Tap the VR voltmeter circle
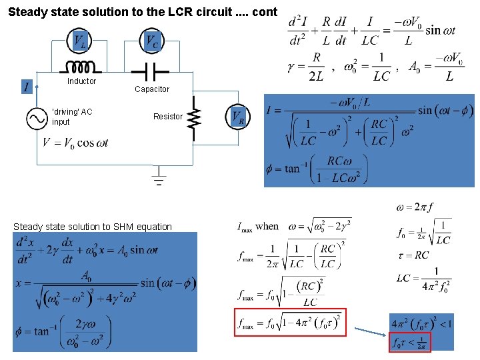(x=238, y=117)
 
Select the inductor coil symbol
(x=81, y=68)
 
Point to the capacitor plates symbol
(x=152, y=69)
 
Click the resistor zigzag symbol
(x=194, y=118)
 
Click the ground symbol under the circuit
(x=159, y=179)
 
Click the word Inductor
(x=81, y=81)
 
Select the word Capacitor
(x=152, y=89)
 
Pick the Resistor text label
(x=167, y=117)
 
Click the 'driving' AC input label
(x=72, y=117)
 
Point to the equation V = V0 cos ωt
(x=75, y=143)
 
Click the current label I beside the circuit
(x=26, y=87)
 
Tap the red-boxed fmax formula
(x=291, y=325)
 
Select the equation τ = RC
(x=413, y=255)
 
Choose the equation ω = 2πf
(x=415, y=207)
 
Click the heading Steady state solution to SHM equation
(x=93, y=227)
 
